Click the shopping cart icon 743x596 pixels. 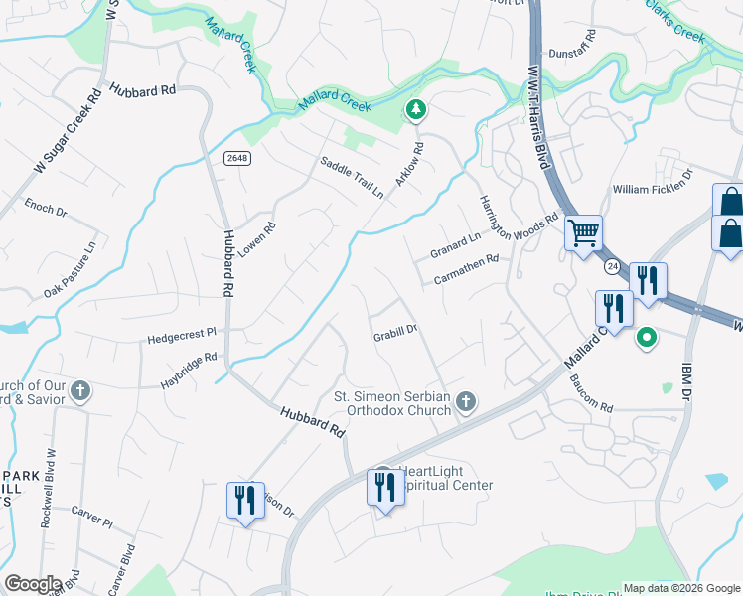pyautogui.click(x=583, y=233)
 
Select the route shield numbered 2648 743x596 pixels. pyautogui.click(x=235, y=158)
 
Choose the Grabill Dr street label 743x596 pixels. pyautogui.click(x=393, y=334)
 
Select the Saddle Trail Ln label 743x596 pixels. pyautogui.click(x=351, y=177)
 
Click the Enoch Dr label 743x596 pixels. pyautogui.click(x=45, y=211)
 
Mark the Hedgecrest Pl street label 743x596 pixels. pyautogui.click(x=182, y=337)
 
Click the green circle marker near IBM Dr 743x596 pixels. pyautogui.click(x=647, y=339)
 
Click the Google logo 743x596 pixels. pyautogui.click(x=33, y=584)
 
